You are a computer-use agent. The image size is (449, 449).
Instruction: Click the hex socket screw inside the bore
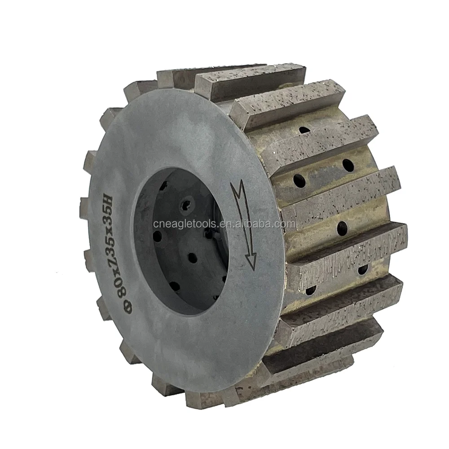pyautogui.click(x=185, y=205)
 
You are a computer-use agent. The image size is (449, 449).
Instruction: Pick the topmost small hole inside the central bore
pyautogui.click(x=166, y=185)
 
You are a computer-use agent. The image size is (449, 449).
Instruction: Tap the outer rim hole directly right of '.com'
pyautogui.click(x=342, y=228)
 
